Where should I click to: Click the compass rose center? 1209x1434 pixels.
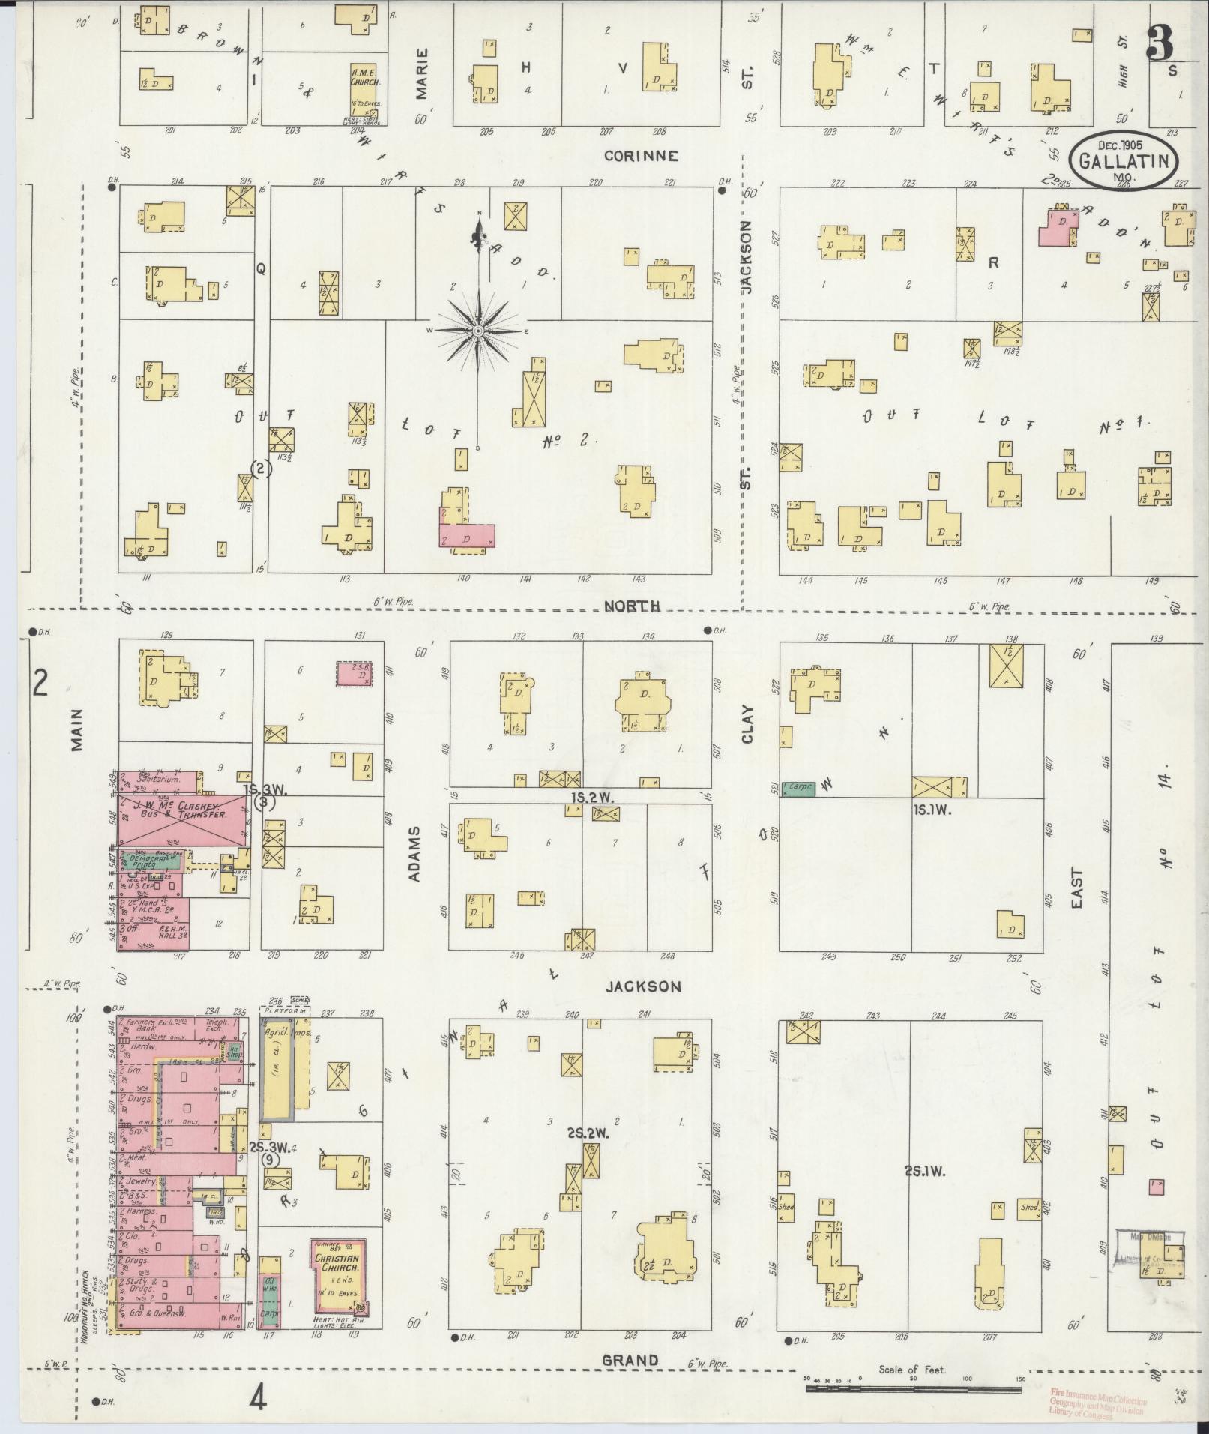[x=477, y=331]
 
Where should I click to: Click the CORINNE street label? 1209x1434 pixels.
[x=641, y=156]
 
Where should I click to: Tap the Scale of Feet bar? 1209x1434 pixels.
[x=913, y=1388]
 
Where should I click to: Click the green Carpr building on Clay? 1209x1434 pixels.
[x=798, y=788]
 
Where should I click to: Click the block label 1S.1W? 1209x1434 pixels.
[x=932, y=810]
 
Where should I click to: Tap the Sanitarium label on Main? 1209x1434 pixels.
[x=158, y=780]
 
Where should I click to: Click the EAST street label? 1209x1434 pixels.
[x=1077, y=888]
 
